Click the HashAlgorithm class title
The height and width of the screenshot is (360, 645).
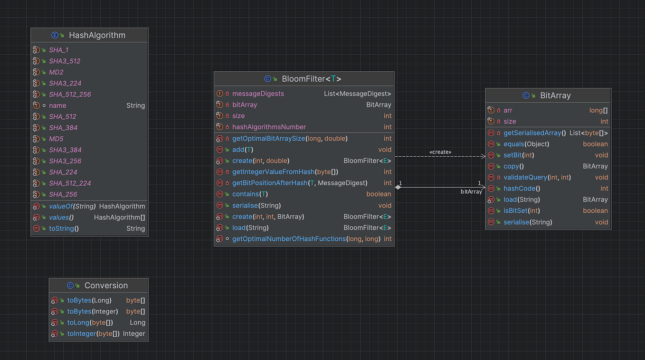click(x=97, y=35)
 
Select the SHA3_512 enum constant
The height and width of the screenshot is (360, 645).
click(x=65, y=61)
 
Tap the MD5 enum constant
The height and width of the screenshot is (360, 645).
click(x=56, y=139)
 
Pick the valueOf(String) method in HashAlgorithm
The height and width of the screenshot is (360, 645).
click(x=72, y=206)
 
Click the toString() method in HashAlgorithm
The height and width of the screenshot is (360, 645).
click(x=64, y=228)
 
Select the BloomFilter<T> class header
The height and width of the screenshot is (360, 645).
click(x=311, y=79)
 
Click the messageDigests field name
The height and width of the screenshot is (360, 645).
click(x=258, y=94)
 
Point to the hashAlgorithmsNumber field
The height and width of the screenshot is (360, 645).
click(x=269, y=127)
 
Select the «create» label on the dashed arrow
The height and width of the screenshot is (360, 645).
click(x=440, y=152)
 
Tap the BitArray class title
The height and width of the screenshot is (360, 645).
click(x=555, y=95)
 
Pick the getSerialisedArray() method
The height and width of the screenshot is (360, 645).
click(x=534, y=133)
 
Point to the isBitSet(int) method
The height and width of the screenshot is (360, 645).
click(x=522, y=210)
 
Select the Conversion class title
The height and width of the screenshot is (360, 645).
click(x=105, y=285)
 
